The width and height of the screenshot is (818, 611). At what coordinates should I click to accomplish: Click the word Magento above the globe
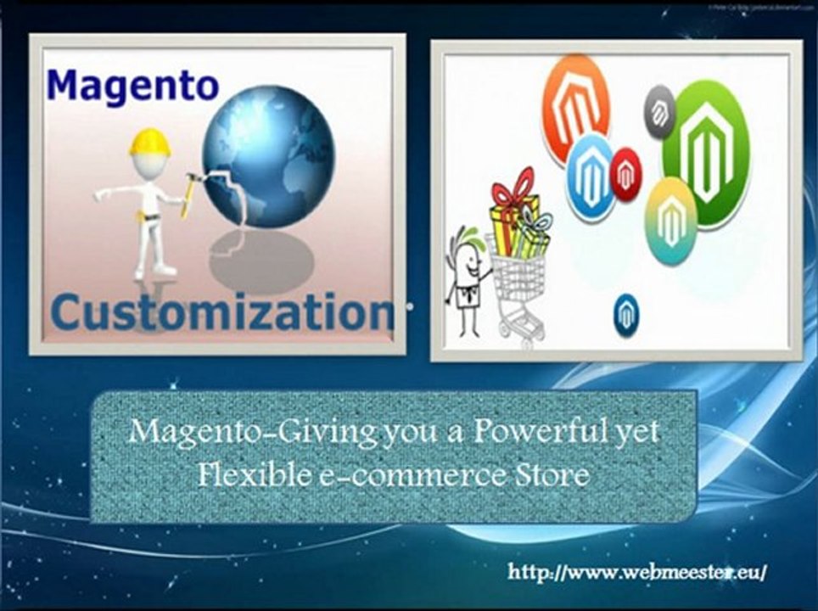point(132,86)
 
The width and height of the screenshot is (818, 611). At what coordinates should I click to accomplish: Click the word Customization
point(222,311)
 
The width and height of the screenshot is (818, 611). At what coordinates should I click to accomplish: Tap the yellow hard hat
point(149,142)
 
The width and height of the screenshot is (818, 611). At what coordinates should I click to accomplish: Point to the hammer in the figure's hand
point(190,192)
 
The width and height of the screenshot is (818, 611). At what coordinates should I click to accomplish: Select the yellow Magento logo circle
point(671,216)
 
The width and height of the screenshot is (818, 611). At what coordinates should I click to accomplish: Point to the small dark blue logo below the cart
point(626,315)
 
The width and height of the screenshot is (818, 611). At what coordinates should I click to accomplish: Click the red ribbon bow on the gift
point(514,187)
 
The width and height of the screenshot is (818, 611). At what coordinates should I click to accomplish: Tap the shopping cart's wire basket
point(518,272)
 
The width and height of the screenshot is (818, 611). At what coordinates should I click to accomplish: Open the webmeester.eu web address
point(636,571)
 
